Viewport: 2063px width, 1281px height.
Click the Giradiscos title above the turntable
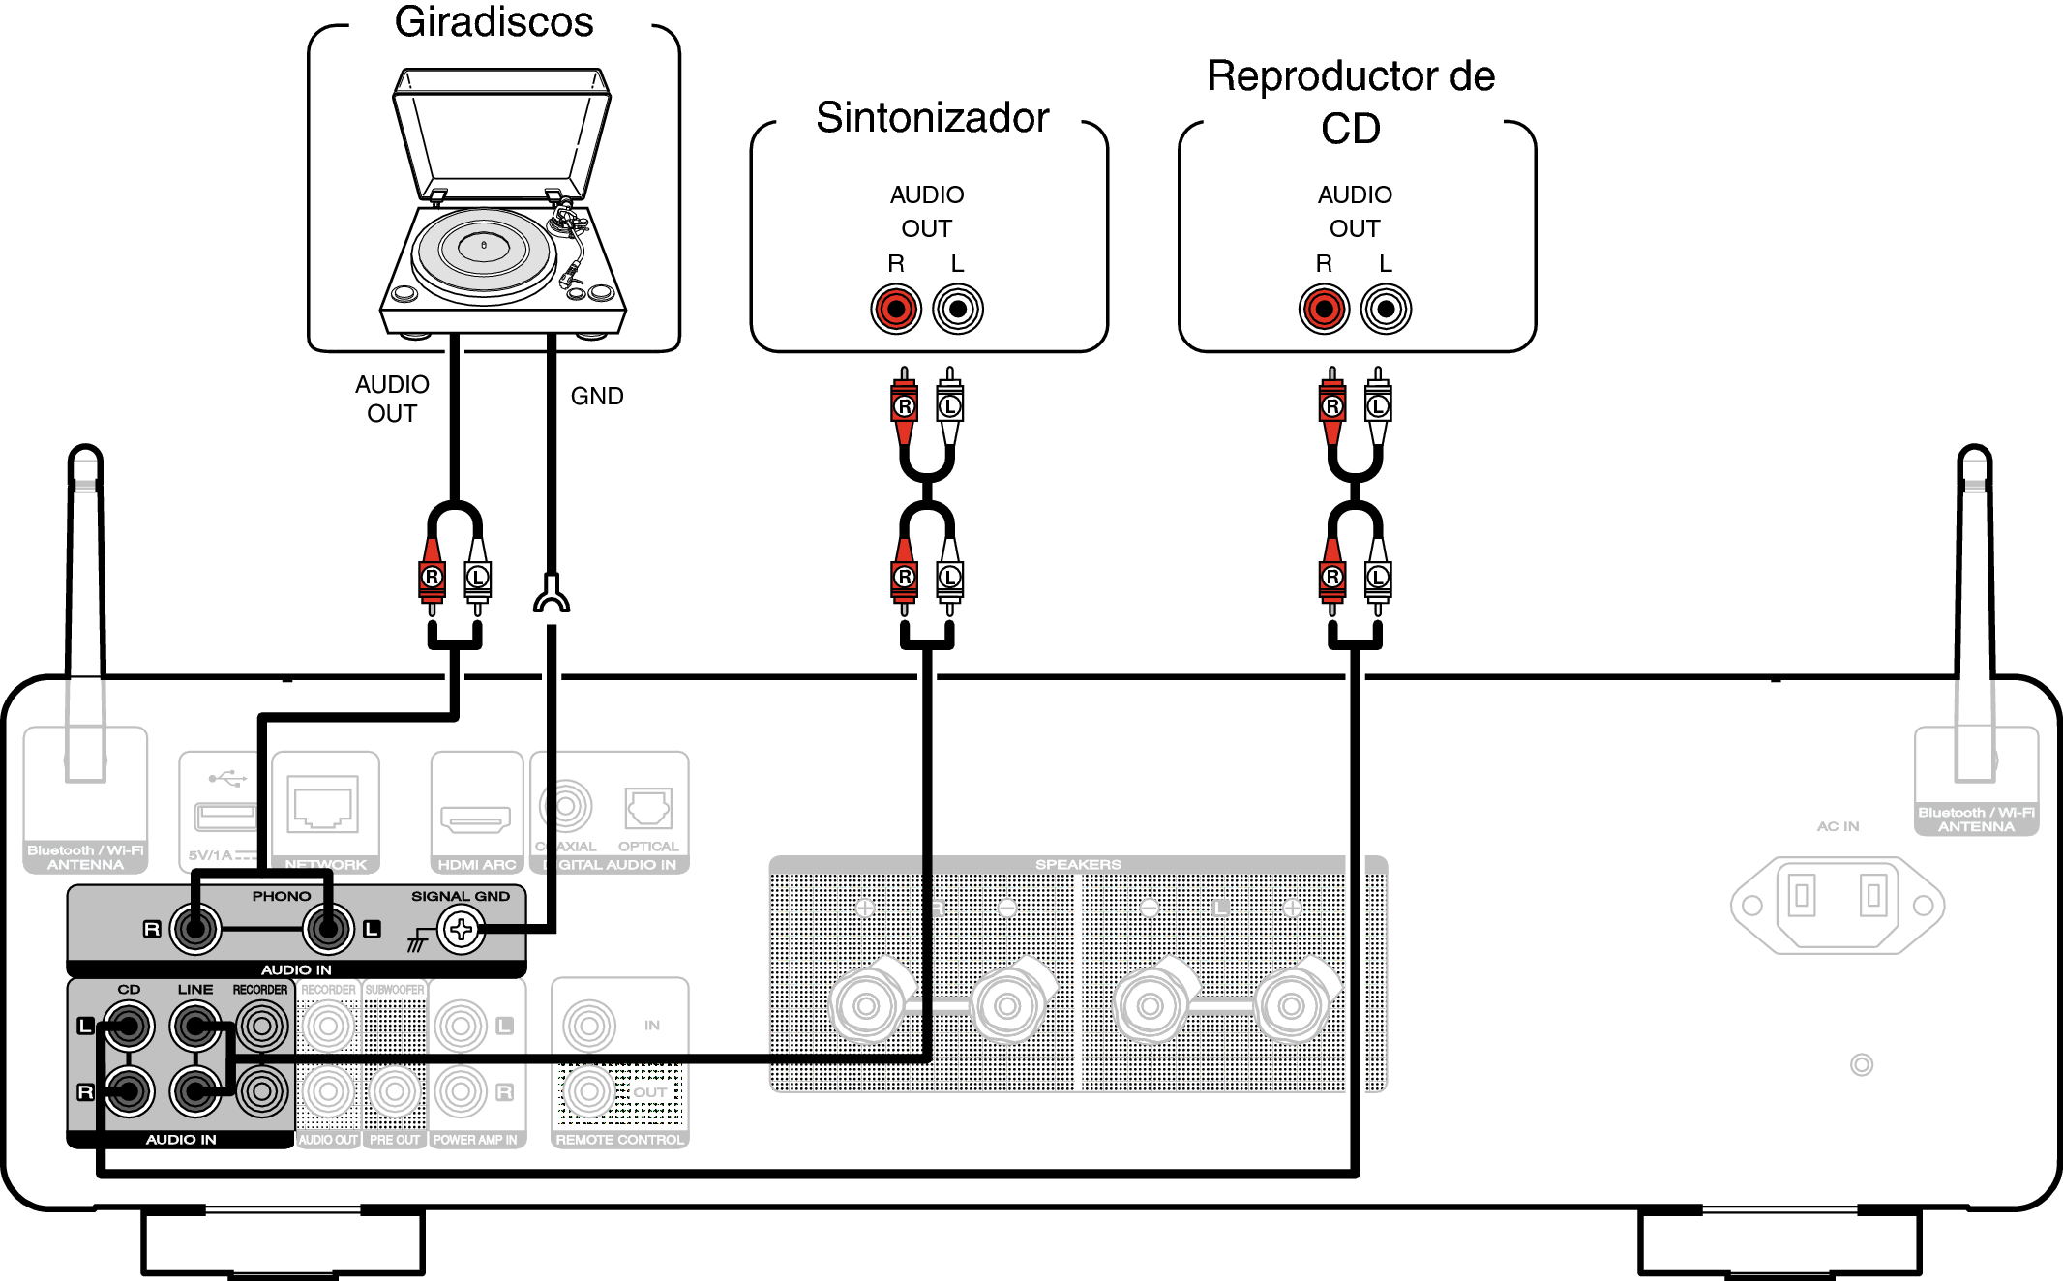[x=493, y=22]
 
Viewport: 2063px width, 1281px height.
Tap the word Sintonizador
[x=932, y=118]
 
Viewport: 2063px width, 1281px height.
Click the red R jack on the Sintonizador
[x=896, y=310]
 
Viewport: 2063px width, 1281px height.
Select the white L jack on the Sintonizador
[x=958, y=310]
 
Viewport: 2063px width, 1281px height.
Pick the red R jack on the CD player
[x=1324, y=310]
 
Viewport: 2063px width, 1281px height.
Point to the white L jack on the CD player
[x=1386, y=310]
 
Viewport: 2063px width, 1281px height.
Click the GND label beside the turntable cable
[x=597, y=396]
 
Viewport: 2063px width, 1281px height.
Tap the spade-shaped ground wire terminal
[x=552, y=595]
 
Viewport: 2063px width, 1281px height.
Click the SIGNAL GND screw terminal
[x=461, y=931]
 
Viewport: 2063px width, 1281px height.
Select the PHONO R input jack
[x=195, y=930]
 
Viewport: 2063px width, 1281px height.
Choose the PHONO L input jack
[x=328, y=930]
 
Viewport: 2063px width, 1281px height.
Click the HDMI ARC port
[x=476, y=819]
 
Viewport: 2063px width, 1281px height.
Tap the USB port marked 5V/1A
[x=225, y=817]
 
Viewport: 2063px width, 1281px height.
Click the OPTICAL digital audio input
[x=648, y=808]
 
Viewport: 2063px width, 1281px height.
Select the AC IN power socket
[x=1837, y=905]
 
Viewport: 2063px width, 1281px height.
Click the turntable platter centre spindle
[x=484, y=246]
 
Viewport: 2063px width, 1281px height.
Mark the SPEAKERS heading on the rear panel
[x=1078, y=864]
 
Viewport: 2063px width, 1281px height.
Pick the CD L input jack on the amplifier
[x=130, y=1026]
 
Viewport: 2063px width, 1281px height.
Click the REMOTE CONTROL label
[x=619, y=1140]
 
